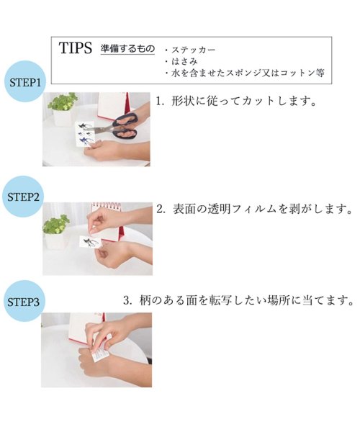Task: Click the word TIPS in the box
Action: pos(75,48)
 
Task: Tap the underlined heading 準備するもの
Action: pos(127,49)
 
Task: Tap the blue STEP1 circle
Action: pos(25,81)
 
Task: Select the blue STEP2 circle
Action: pos(23,197)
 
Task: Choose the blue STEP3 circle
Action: pos(24,301)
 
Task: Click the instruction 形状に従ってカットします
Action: pos(236,101)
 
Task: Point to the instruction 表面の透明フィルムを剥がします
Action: pos(255,210)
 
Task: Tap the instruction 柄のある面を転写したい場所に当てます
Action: pos(238,300)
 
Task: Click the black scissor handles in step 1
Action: pos(125,125)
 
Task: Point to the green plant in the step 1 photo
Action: pos(63,102)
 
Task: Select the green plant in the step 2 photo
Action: pos(56,224)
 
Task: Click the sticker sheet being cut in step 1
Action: pos(84,134)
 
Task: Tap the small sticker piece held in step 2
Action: pos(91,242)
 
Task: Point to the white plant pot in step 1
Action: pos(63,117)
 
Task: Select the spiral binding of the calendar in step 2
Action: pos(107,206)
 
